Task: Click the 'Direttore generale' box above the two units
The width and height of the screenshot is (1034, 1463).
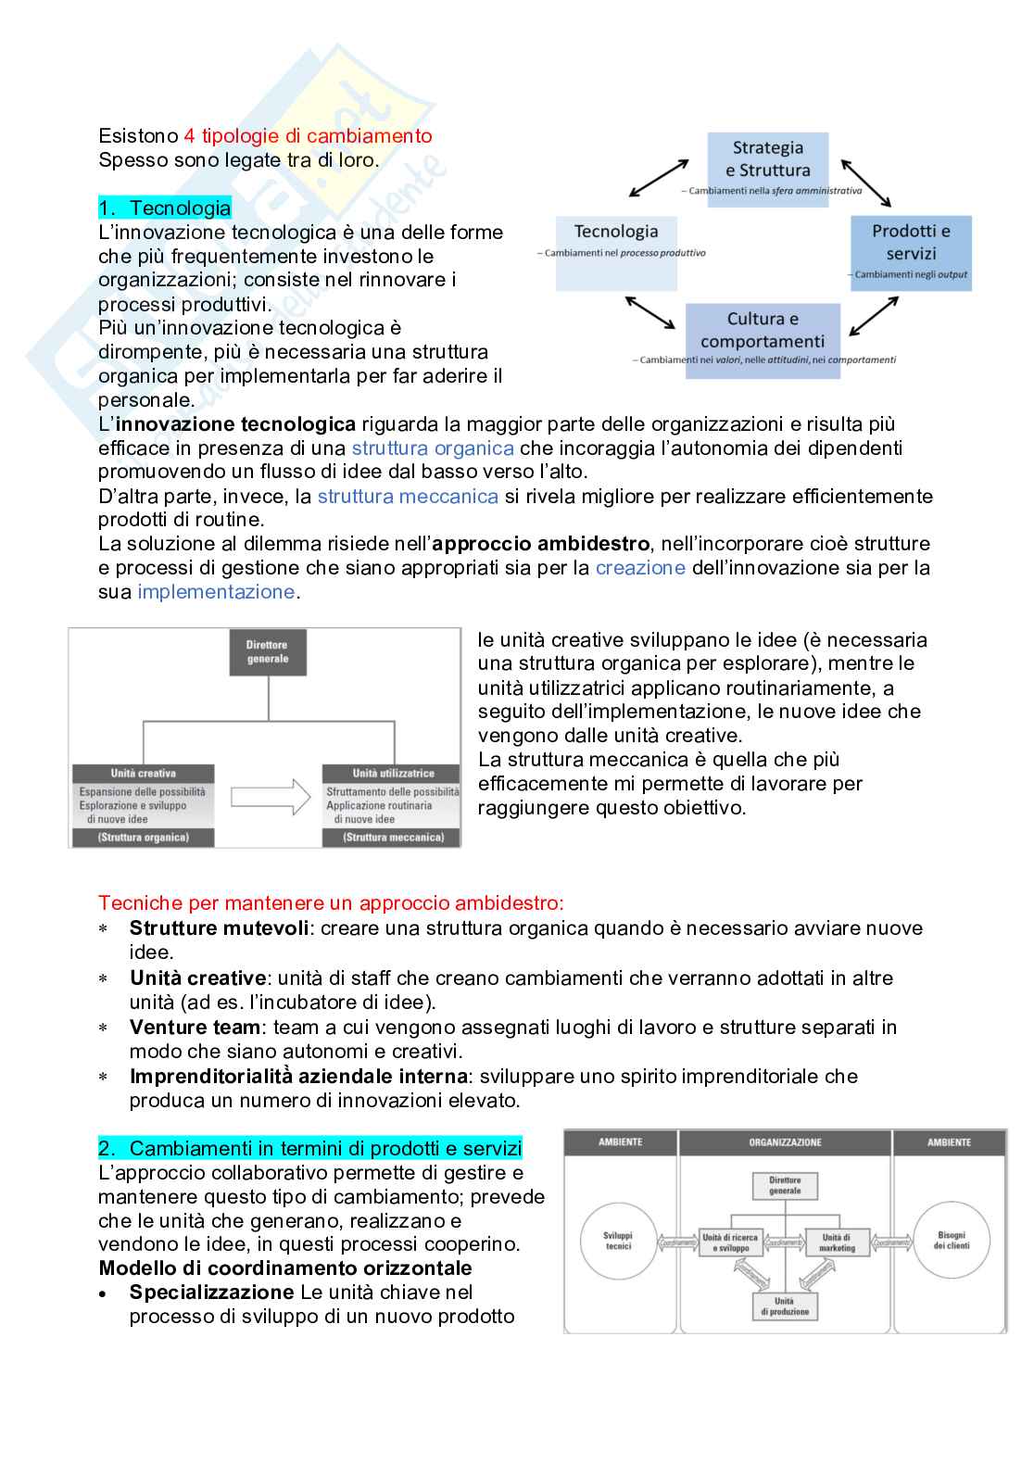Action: tap(267, 652)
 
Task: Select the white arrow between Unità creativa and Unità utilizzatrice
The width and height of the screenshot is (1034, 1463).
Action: tap(271, 797)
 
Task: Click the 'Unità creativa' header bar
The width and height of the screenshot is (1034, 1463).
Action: tap(143, 774)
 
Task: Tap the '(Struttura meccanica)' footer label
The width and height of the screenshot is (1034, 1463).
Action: tap(392, 838)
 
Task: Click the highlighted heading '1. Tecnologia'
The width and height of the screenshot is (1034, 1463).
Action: tap(165, 208)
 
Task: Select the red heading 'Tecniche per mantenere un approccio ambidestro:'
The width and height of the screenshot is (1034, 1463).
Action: tap(331, 902)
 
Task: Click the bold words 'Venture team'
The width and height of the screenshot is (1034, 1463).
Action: tap(195, 1027)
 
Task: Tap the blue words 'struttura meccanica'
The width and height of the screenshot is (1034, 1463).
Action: tap(408, 496)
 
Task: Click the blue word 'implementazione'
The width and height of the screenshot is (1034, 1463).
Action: tap(216, 591)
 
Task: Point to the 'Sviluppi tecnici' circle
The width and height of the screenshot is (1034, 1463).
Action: tap(618, 1242)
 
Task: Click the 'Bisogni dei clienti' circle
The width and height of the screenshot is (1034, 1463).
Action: tap(952, 1241)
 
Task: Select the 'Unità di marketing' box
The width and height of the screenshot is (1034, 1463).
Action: tap(837, 1242)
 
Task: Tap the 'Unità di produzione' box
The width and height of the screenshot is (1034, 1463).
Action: tap(784, 1306)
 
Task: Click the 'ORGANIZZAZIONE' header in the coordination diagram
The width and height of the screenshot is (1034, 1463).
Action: tap(785, 1142)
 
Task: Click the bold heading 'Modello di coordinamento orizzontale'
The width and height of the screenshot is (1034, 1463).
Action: tap(285, 1268)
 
